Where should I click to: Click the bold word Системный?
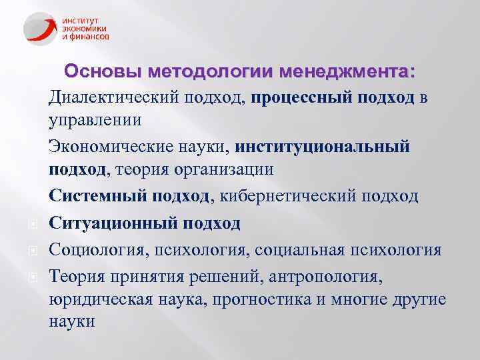click(x=99, y=196)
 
